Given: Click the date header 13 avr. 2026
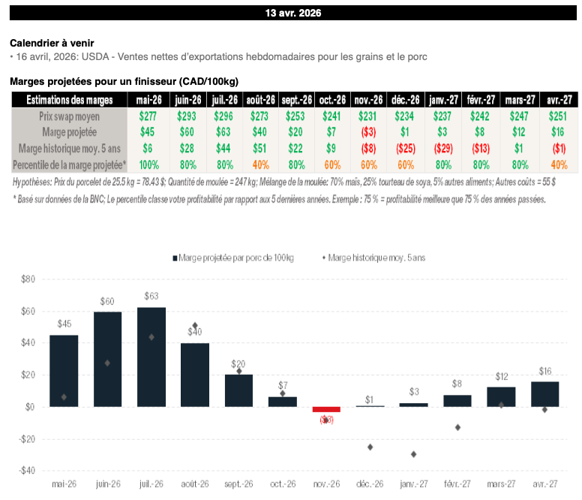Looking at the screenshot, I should tap(291, 13).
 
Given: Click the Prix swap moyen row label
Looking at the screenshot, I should tap(69, 116).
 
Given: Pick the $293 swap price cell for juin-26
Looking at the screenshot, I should tap(187, 116).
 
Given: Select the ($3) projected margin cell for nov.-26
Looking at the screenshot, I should tap(368, 131).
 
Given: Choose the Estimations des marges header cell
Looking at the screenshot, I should tap(69, 100).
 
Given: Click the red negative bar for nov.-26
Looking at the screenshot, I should tap(326, 409).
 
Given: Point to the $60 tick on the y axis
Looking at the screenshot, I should tap(27, 311).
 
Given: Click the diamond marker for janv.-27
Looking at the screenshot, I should tap(414, 454).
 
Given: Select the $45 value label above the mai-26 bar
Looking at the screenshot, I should tap(64, 324).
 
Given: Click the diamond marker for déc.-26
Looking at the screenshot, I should tap(370, 447).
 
